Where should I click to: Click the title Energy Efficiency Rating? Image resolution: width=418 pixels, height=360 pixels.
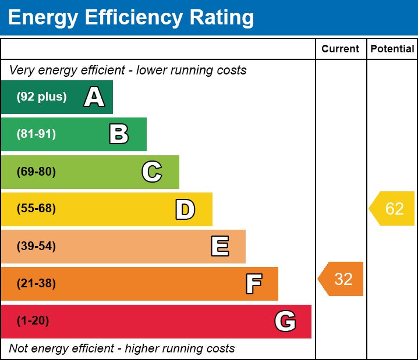point(130,18)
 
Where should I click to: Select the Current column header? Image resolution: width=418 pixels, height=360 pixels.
point(340,49)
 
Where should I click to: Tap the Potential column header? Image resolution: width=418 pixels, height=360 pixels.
point(392,49)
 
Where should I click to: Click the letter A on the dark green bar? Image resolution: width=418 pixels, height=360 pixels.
point(94,97)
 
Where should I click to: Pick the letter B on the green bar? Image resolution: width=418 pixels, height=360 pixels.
point(119,134)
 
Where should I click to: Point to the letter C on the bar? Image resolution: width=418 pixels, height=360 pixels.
point(152,172)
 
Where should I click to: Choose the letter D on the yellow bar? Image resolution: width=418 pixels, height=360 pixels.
point(185,209)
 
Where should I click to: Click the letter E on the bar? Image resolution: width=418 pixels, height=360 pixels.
point(219,247)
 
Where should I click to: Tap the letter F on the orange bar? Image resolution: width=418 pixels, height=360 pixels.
point(253,284)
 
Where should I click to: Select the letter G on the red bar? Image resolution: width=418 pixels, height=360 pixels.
point(285,321)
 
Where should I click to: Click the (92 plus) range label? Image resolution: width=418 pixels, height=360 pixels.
point(41,97)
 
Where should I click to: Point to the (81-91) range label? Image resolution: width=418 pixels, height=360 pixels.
point(36,134)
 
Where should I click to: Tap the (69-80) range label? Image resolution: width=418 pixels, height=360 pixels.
point(36,172)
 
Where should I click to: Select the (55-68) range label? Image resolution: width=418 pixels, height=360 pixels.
point(36,209)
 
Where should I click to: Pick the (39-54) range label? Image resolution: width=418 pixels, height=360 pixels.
point(36,247)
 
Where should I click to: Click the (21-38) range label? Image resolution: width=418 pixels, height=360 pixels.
point(36,284)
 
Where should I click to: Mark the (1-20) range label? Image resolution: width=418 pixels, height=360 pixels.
point(33,321)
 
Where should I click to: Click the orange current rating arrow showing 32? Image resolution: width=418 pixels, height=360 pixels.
point(342,279)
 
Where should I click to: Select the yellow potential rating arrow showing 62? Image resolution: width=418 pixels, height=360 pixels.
point(393,209)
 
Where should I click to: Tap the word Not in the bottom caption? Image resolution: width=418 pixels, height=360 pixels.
point(19,349)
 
